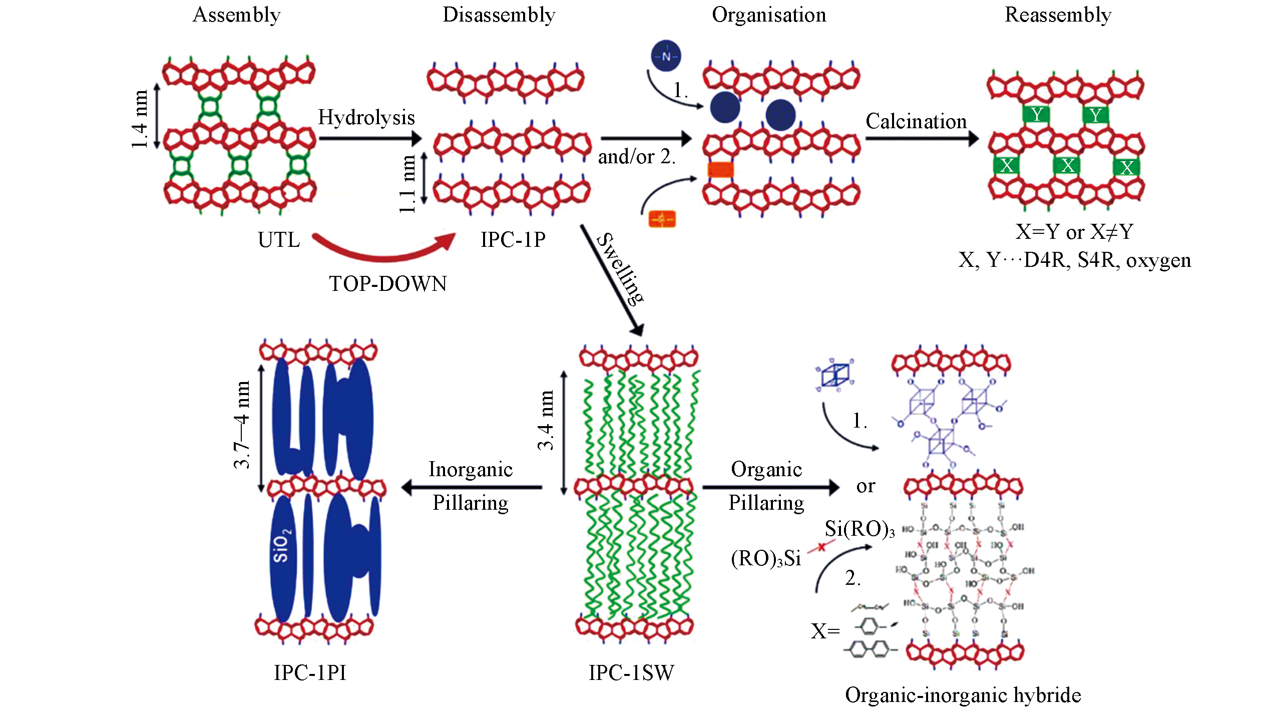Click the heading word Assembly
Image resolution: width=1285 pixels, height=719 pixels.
(x=236, y=15)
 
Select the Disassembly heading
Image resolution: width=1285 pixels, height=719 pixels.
(x=499, y=15)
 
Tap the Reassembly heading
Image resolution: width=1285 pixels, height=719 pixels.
(x=1058, y=15)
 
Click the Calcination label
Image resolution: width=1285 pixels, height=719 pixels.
(x=916, y=122)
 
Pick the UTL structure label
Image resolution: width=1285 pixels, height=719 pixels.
(x=279, y=240)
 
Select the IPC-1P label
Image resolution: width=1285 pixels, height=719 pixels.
(x=513, y=240)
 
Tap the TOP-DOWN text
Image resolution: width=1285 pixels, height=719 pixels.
(x=388, y=284)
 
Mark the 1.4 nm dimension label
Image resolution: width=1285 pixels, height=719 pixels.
(x=140, y=119)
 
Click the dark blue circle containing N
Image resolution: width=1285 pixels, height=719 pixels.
(x=666, y=56)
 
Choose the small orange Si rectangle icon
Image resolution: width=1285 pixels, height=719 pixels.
(x=662, y=219)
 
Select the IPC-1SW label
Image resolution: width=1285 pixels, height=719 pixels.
(x=631, y=673)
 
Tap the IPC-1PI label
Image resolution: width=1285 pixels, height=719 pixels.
(x=310, y=673)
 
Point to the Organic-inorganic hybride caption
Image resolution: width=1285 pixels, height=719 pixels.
(x=963, y=695)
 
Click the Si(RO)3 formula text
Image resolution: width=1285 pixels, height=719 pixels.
(x=859, y=529)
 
